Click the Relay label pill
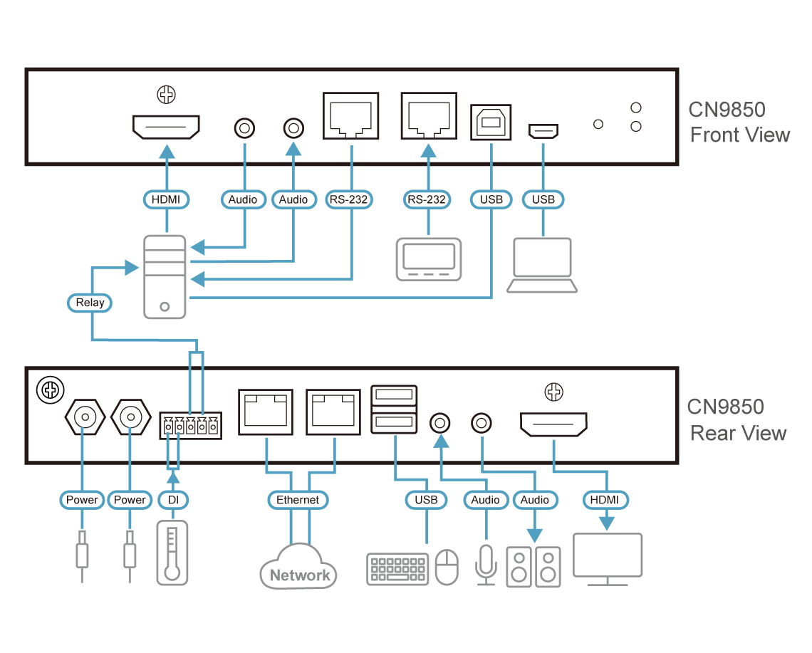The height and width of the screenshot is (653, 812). coord(90,303)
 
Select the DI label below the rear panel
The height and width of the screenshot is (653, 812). coord(173,500)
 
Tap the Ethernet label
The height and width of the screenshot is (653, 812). coord(298,500)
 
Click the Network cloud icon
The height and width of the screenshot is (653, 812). coord(298,565)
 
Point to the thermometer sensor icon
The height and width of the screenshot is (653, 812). coord(172,553)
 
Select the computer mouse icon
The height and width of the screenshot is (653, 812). coord(447,567)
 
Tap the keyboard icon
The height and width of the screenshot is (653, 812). coord(397,568)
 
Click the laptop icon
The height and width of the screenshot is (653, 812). coord(542,266)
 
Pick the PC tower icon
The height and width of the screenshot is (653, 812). coord(165,276)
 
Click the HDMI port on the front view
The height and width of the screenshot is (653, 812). coord(166,128)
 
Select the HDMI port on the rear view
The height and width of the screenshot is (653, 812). coord(553,424)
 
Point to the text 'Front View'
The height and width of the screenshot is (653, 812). coord(740,135)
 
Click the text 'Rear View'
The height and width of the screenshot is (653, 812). coord(739,433)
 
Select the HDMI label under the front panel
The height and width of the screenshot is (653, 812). coord(166,199)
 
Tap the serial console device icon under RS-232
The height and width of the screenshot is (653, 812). coord(428,258)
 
